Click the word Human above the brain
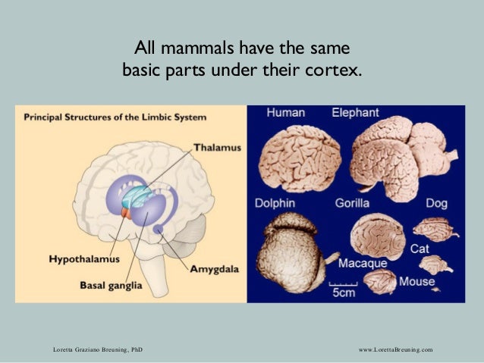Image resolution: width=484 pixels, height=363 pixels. click(285, 113)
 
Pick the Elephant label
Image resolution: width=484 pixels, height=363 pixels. click(355, 113)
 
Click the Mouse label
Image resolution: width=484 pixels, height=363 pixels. click(417, 282)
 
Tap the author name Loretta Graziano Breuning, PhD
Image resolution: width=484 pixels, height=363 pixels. click(96, 349)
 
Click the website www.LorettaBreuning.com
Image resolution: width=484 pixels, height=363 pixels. click(394, 349)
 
